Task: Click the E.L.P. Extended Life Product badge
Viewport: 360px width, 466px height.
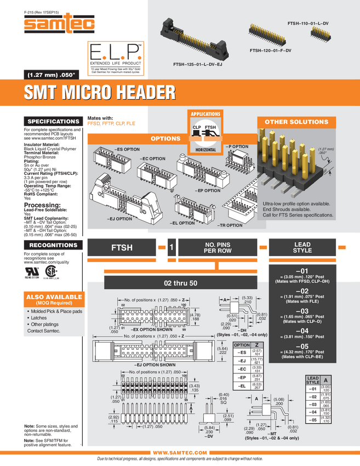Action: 116,57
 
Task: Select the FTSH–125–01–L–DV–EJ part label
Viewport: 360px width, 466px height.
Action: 197,65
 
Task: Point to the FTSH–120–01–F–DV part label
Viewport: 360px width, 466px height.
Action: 270,50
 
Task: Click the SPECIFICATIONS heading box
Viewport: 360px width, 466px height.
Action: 53,121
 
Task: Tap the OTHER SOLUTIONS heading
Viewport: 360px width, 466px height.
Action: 296,122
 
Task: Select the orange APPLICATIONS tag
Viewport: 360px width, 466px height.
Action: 205,114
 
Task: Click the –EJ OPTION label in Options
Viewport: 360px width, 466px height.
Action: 116,219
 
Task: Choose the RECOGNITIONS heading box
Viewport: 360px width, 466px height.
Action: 53,245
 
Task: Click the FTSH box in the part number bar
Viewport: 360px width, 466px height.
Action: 122,248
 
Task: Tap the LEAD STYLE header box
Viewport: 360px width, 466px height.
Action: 302,247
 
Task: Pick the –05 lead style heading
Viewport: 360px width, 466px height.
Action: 302,346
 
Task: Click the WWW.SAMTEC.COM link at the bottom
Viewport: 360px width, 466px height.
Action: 180,452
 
